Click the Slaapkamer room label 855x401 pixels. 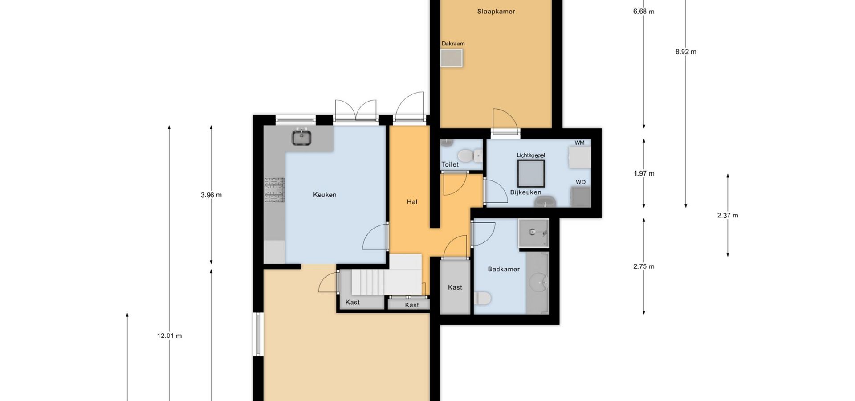pos(496,12)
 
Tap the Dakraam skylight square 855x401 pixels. pos(452,58)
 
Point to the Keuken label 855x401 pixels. pos(325,195)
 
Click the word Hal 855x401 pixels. pos(412,202)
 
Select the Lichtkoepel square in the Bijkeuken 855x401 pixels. pos(531,173)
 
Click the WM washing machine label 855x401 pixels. pos(579,143)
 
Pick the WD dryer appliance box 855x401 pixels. pos(581,196)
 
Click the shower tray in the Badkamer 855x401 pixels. pos(533,233)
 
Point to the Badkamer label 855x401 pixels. pos(504,269)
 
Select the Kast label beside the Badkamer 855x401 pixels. pos(455,287)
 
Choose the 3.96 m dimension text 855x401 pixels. pos(211,195)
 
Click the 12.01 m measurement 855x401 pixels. pos(169,336)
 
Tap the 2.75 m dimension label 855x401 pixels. pos(644,266)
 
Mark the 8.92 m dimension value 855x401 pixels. pos(686,52)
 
